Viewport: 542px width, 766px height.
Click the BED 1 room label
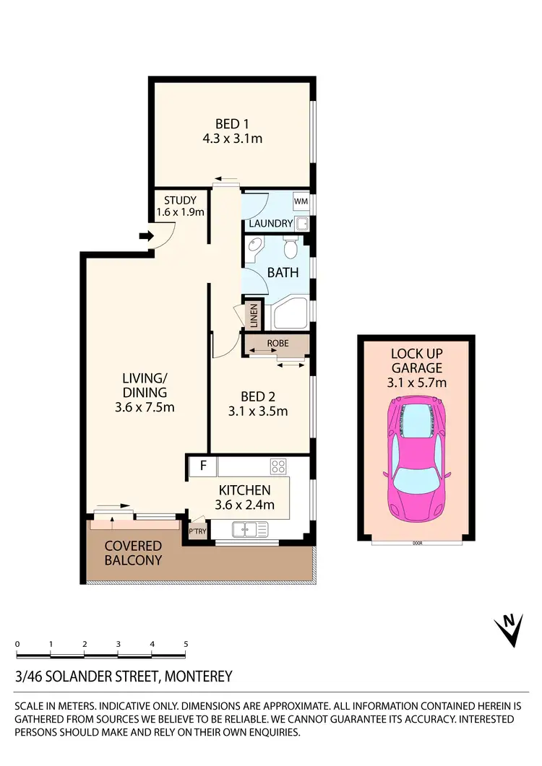231,123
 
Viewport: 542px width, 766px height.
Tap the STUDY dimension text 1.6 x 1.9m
181,212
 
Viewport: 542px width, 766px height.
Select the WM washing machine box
301,201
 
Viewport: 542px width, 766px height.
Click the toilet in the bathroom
291,247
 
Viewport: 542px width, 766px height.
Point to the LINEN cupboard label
254,315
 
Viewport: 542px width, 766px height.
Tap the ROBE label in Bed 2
278,344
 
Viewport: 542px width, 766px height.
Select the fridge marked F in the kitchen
203,466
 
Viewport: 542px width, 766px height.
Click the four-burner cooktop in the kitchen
278,466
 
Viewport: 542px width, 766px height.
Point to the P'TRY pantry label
197,531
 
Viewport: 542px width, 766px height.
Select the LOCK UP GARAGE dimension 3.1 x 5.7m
417,382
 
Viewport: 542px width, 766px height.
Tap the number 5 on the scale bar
186,643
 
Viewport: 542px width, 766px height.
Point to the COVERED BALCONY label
133,552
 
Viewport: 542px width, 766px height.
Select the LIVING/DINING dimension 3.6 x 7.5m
145,407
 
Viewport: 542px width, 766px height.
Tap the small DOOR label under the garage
417,543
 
